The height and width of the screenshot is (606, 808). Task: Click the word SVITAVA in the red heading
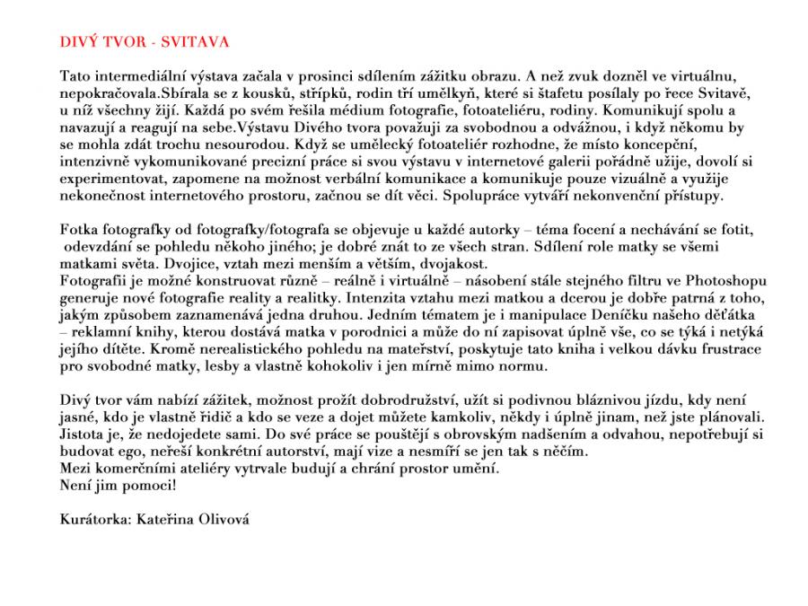197,42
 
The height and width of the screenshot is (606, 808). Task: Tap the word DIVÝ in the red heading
78,42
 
